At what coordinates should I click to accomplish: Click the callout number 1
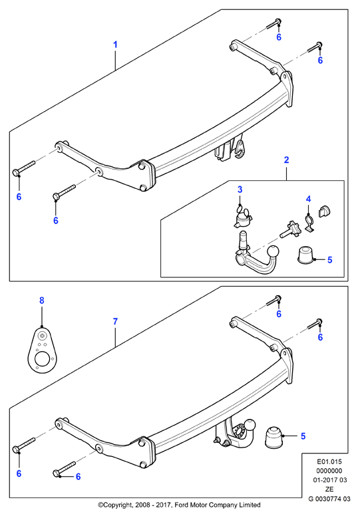tap(115, 45)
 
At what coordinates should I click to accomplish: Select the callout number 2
tap(286, 160)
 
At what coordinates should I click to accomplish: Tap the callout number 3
tap(240, 190)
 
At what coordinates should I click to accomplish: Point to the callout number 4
tap(308, 199)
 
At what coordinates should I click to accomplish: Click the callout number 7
tap(115, 321)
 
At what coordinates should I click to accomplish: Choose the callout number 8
tap(42, 301)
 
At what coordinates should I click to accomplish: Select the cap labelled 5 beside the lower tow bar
tap(273, 438)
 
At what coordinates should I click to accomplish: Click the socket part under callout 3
tap(242, 218)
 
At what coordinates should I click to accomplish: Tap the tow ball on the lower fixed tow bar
tap(250, 425)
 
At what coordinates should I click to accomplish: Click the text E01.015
tap(329, 461)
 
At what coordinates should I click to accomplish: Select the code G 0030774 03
tap(329, 499)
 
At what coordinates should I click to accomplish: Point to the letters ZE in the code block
tap(329, 489)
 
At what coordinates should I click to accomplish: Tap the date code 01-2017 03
tap(330, 480)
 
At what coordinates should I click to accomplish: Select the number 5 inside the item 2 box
tap(329, 259)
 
